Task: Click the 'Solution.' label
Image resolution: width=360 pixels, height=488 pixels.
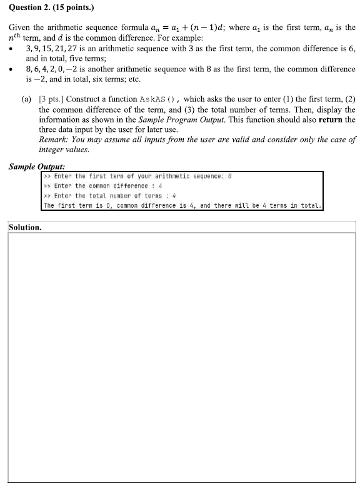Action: point(26,226)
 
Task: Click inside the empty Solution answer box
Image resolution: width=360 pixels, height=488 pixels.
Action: point(181,357)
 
